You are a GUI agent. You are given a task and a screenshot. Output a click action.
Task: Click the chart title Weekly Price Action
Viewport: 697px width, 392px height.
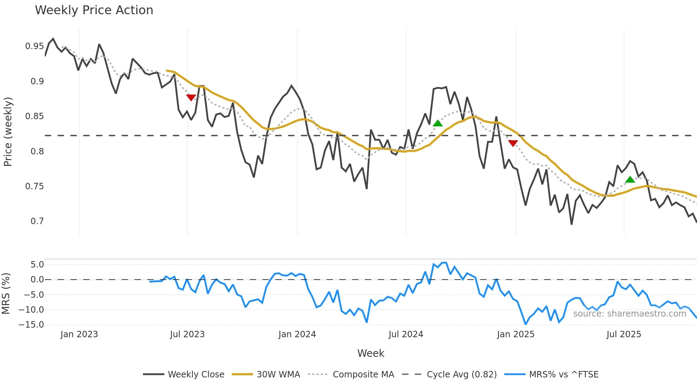[94, 10]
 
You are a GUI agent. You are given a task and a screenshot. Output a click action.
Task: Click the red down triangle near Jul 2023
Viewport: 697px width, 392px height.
[191, 97]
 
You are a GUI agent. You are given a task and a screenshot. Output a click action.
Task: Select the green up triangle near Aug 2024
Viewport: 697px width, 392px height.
[438, 123]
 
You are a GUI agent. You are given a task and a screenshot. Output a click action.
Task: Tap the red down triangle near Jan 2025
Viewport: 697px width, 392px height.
[513, 143]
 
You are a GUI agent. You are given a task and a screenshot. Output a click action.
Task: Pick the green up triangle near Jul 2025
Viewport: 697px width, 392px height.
[630, 180]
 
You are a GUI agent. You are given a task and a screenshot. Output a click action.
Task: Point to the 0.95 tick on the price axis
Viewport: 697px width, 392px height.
[34, 46]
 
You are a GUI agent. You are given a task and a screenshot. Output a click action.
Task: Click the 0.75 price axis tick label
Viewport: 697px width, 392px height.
[34, 186]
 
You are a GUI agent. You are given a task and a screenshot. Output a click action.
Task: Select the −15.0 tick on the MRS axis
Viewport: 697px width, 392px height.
[31, 325]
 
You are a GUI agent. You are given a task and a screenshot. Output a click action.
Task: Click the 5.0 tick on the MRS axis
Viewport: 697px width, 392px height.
[37, 265]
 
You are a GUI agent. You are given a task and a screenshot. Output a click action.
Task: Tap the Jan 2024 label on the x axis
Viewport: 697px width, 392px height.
[297, 334]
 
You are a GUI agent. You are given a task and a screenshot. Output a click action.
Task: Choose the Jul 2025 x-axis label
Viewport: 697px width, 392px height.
[624, 334]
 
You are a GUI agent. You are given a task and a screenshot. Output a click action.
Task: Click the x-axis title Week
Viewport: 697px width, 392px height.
[371, 353]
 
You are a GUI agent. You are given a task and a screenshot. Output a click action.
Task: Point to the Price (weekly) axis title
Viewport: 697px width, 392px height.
[8, 132]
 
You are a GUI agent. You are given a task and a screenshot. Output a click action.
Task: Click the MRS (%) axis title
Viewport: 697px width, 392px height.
[6, 293]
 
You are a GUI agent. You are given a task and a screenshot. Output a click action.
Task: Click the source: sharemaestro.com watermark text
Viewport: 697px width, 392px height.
[629, 314]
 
